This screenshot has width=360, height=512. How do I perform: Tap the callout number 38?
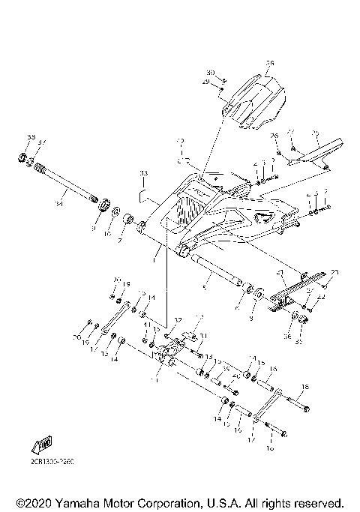(31, 137)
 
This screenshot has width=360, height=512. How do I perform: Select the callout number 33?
(143, 173)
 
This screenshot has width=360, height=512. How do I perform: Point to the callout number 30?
(211, 73)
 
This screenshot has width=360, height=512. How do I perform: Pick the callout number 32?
(177, 320)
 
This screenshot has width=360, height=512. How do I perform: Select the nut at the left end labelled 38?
(23, 158)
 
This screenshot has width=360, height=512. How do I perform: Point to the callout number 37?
(42, 142)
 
